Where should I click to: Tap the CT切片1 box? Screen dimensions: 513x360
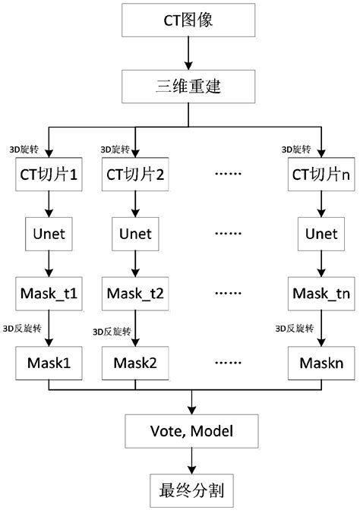(49, 174)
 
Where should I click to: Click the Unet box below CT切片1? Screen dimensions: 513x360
(49, 233)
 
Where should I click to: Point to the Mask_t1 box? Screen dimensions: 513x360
(49, 293)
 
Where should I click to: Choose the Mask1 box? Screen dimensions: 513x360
(49, 361)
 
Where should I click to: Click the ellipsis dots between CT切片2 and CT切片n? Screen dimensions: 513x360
(227, 174)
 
